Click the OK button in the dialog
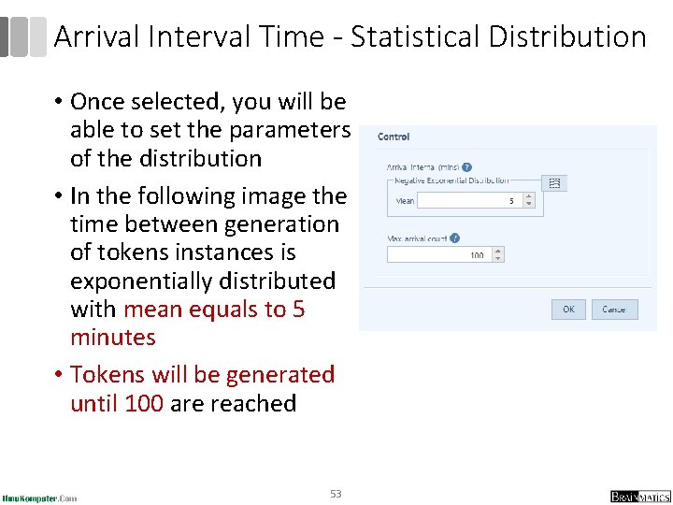tap(568, 310)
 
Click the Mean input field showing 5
tap(467, 200)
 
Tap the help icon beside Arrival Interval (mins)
tap(466, 167)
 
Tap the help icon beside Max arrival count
tap(454, 238)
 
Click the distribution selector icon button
tap(554, 183)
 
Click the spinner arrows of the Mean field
tap(529, 200)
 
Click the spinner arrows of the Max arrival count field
tap(497, 254)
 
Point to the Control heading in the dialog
tap(394, 137)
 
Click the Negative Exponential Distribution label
tap(452, 180)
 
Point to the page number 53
tap(336, 493)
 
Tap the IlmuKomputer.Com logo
tap(40, 498)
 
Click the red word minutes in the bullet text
tap(113, 337)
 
